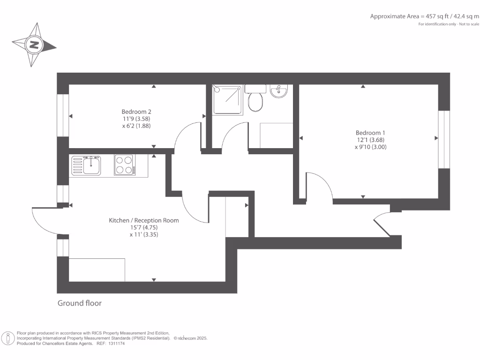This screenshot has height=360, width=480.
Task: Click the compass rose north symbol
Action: pos(34,45)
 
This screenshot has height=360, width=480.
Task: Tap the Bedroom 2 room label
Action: pos(136,112)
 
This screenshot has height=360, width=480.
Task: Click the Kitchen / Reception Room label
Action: pos(144,220)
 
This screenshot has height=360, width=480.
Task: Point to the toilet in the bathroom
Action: pos(255,100)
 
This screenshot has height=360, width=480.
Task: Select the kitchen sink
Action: pos(86,165)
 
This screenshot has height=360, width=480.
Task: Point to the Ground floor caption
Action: pos(79,303)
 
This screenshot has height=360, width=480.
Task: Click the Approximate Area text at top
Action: pos(425,16)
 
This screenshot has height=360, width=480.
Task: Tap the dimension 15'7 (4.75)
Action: pos(144,228)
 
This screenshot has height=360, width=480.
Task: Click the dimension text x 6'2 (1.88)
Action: pos(136,126)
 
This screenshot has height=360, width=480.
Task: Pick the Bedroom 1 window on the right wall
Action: pos(444,139)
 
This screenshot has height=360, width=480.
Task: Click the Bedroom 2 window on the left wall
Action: pos(63,116)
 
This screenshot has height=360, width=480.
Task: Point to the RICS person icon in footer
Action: pos(8,338)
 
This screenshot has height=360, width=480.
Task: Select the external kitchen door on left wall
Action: pos(46,220)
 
